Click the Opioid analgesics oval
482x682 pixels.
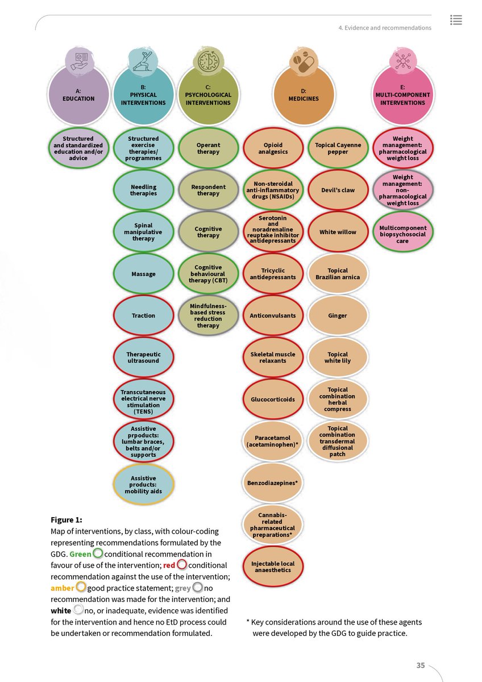click(x=273, y=149)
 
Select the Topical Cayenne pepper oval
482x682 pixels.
click(x=338, y=149)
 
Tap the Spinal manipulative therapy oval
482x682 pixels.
click(x=143, y=232)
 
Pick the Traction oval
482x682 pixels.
click(x=143, y=315)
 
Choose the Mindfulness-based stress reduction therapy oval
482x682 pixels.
click(x=208, y=315)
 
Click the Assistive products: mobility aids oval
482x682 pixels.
click(x=143, y=485)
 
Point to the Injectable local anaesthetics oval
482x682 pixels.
click(x=273, y=567)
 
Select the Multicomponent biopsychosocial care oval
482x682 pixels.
click(x=402, y=232)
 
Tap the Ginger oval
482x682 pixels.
click(x=338, y=315)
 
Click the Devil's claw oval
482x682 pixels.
click(x=338, y=190)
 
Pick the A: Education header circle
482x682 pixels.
click(x=78, y=95)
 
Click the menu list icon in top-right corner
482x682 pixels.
click(x=455, y=19)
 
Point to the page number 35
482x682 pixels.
click(x=421, y=666)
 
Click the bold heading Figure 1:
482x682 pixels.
click(x=67, y=519)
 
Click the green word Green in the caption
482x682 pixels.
click(x=80, y=554)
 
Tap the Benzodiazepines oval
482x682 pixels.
click(x=273, y=483)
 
